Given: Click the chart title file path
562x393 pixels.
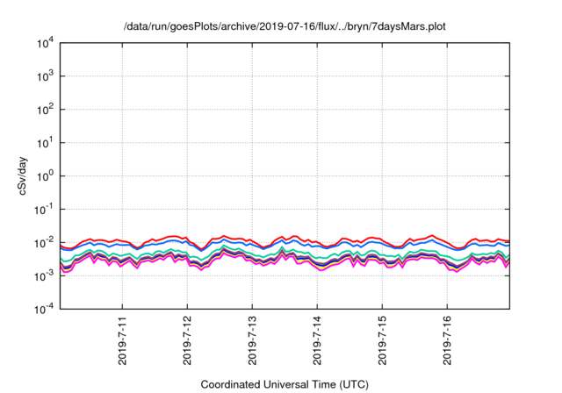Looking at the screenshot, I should (285, 26).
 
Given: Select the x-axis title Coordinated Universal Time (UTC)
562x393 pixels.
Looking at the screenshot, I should (285, 384).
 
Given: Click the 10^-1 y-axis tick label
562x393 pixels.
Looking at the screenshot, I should (43, 209).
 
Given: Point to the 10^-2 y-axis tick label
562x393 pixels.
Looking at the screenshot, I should (43, 242).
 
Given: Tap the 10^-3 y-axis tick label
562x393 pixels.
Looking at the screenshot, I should (43, 275).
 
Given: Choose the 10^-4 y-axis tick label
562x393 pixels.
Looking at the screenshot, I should (43, 309).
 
